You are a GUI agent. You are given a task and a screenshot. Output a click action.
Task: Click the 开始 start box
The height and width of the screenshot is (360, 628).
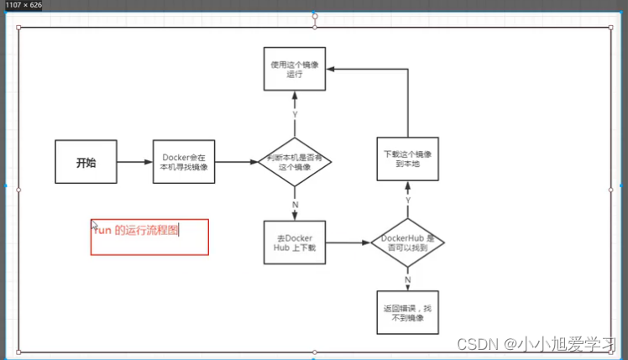tap(86, 163)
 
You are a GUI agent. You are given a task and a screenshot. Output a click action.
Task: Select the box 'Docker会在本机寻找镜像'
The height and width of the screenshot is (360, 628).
tap(184, 163)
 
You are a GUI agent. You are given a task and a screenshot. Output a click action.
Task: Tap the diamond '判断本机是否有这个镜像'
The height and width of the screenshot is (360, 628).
tap(294, 162)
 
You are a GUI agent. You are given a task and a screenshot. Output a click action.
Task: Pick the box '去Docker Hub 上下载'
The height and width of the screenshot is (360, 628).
tap(294, 243)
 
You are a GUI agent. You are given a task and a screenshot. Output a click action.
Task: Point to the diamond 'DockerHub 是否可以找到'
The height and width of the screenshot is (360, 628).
tap(407, 243)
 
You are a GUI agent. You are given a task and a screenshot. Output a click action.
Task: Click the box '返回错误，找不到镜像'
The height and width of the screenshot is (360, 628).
tap(407, 312)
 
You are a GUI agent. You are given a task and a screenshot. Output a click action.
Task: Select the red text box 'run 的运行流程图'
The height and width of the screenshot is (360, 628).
tap(149, 236)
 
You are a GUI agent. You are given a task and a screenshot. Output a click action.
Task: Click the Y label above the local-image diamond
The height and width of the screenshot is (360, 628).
tap(295, 114)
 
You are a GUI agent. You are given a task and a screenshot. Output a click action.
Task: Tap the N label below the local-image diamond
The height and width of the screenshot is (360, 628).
tap(295, 205)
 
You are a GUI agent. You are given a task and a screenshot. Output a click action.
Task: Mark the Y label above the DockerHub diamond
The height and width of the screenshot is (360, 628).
tap(408, 201)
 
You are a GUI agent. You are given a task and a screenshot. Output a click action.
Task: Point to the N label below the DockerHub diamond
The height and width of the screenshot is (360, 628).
tap(408, 279)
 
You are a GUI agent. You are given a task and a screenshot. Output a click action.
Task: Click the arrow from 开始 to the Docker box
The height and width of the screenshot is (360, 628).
tap(134, 163)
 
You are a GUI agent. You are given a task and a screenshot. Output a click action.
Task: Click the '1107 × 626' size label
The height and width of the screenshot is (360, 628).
tap(23, 5)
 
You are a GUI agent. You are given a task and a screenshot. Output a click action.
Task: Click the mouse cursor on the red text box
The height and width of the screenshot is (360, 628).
tap(95, 226)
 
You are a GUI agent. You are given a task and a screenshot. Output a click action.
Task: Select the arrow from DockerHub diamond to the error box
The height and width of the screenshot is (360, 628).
tap(408, 281)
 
